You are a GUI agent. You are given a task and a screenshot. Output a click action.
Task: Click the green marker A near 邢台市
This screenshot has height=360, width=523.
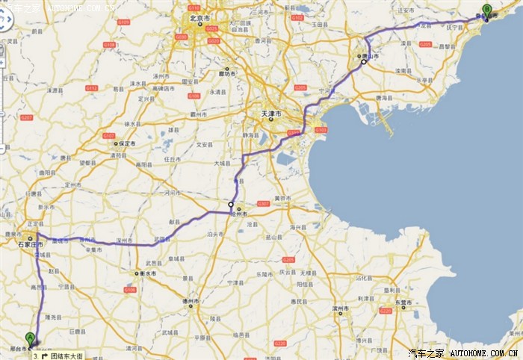pyautogui.click(x=30, y=338)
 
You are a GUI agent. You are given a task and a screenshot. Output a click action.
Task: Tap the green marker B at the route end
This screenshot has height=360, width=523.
pyautogui.click(x=486, y=10)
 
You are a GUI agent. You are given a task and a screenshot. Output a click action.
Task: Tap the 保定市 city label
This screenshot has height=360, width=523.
pyautogui.click(x=126, y=143)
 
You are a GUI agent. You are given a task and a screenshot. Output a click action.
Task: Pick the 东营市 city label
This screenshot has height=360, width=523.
pyautogui.click(x=406, y=302)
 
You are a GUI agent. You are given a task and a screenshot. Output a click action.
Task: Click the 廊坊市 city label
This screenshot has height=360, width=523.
pyautogui.click(x=227, y=73)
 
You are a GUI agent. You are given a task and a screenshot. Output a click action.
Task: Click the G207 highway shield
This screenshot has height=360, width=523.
pyautogui.click(x=27, y=117)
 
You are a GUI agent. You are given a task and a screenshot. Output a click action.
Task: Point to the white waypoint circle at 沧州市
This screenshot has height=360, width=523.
pyautogui.click(x=232, y=205)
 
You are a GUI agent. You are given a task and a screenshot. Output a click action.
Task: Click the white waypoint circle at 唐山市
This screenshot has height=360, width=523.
pyautogui.click(x=364, y=62)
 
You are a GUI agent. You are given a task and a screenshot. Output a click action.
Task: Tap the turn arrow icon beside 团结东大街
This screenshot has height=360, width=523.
pyautogui.click(x=44, y=356)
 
